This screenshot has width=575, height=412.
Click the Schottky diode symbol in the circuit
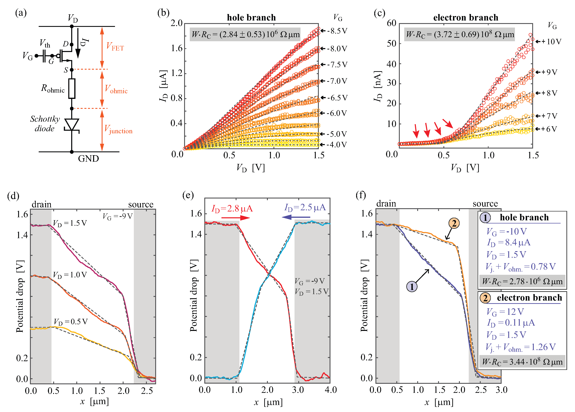point(72,125)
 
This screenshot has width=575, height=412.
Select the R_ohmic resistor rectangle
point(72,88)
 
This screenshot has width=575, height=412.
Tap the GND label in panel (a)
point(88,159)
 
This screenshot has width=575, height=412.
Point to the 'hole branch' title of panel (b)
point(251,17)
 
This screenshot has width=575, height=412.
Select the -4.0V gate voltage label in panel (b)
point(336,145)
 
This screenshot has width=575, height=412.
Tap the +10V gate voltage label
point(551,42)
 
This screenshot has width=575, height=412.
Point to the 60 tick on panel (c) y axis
point(391,23)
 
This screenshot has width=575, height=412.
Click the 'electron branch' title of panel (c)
point(465,17)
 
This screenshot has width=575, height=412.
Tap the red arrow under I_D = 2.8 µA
point(235,217)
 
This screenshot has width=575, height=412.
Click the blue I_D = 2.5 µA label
point(305,208)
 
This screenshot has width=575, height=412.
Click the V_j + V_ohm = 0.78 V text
point(520,267)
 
